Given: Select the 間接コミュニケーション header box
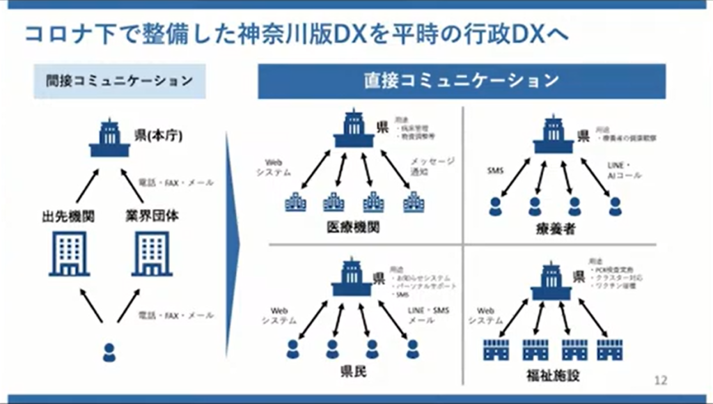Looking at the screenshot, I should coord(120,81).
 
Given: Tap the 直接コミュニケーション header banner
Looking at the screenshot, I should coord(462,81).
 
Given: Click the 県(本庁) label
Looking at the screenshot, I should coord(159,135).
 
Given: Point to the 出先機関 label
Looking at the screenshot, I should coord(68,217).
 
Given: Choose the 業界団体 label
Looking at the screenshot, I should coord(152,216).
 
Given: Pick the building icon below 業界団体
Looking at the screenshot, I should coord(152,253).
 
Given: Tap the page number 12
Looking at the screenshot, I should coord(660,380).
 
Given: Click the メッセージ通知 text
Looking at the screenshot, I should coord(432,167).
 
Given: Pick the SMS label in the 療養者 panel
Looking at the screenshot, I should coord(496,169).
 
